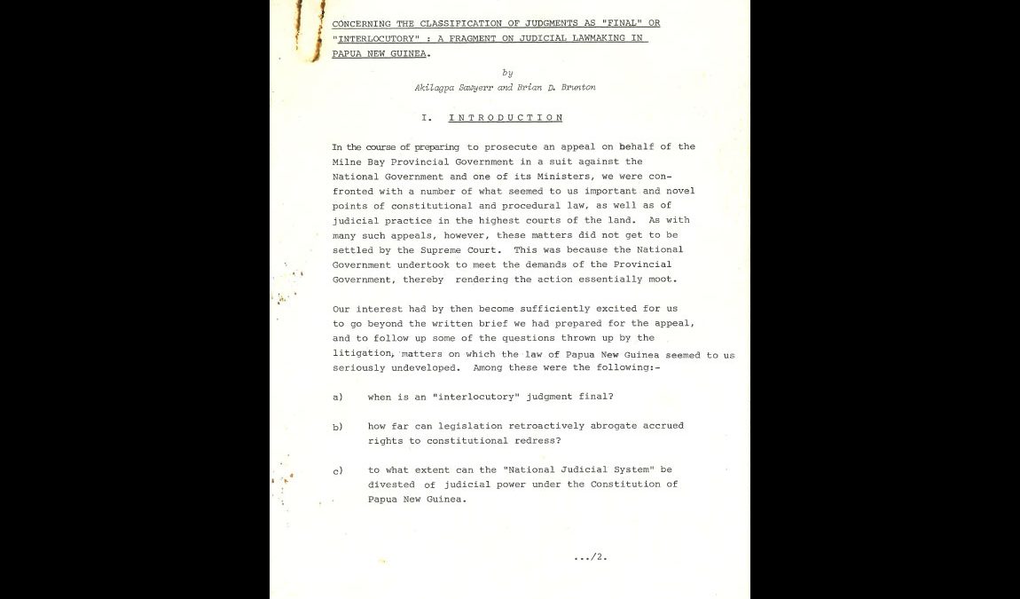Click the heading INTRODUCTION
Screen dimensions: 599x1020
[x=505, y=118]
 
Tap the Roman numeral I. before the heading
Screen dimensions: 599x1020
[x=427, y=118]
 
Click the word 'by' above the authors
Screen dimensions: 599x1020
[x=507, y=73]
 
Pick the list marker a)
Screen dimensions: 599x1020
[x=338, y=397]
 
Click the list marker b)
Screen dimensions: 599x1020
[x=338, y=427]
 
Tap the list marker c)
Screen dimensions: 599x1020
[x=338, y=470]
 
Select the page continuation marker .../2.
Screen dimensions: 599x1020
[x=590, y=557]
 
